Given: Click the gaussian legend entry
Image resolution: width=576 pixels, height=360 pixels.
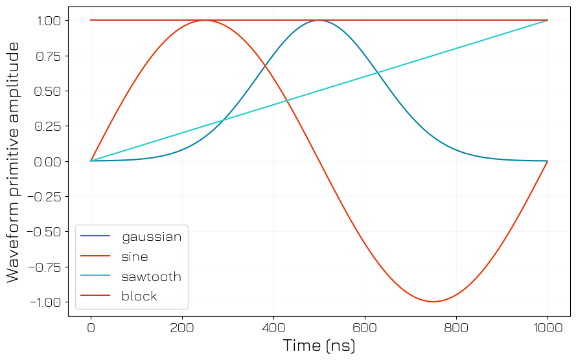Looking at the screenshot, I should (151, 236).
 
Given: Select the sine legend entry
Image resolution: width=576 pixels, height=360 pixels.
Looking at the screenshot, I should (134, 256).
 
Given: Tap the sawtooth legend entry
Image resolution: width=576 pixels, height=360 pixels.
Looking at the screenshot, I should (151, 276).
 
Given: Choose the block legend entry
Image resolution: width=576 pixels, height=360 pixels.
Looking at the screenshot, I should (139, 297).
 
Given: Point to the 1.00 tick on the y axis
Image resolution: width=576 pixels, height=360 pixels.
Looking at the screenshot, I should (47, 21).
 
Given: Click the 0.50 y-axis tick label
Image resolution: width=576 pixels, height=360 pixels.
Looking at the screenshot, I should (47, 91).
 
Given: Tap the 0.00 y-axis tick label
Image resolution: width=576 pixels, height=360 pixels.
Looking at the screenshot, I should (47, 161).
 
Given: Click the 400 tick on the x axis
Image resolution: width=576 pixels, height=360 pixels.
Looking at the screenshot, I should (273, 328).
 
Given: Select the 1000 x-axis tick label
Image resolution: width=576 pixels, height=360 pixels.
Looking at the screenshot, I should (548, 328).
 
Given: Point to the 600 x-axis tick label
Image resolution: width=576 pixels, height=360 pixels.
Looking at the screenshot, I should (365, 328).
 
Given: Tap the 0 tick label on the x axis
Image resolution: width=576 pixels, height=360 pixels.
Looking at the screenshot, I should (91, 328).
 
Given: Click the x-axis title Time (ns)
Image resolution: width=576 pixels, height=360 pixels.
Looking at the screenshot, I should (319, 346).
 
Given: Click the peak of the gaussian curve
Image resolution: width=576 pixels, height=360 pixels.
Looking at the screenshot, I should (319, 21).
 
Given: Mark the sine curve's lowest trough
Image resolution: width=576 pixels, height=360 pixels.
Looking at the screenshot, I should (433, 302).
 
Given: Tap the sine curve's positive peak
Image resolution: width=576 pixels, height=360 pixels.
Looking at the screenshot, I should (205, 21).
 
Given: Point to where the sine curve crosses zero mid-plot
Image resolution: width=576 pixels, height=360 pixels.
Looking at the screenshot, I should (319, 161).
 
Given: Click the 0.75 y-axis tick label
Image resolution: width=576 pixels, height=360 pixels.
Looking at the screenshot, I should (47, 56).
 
